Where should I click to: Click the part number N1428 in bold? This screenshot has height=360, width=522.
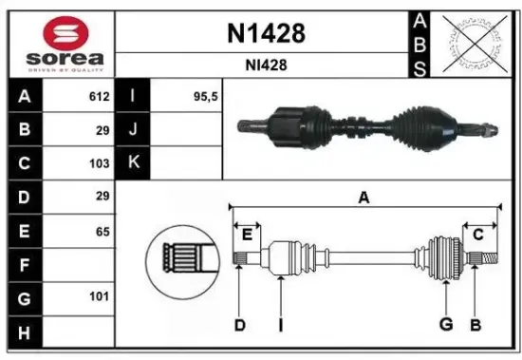(267, 34)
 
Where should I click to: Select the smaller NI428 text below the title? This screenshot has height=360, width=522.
(267, 66)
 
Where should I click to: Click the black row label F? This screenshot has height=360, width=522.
(23, 264)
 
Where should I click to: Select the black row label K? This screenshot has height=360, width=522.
(133, 163)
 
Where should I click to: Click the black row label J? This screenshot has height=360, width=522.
(133, 130)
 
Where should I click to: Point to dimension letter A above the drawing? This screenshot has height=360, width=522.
(363, 198)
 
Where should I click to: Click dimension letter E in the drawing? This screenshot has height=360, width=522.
(248, 235)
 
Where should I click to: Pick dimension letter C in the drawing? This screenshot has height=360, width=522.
(478, 235)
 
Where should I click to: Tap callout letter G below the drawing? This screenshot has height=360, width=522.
(444, 325)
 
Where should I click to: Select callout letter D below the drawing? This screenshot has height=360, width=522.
(240, 325)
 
